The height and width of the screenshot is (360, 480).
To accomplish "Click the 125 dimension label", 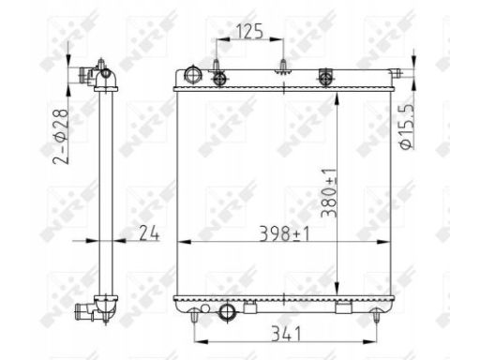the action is tap(249, 32).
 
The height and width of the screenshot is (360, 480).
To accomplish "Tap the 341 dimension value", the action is tap(286, 334).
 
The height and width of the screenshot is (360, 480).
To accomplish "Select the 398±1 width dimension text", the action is tap(284, 233).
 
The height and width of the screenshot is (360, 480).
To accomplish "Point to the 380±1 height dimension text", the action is tap(329, 193).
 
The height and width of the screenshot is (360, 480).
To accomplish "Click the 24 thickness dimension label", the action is tap(149, 232).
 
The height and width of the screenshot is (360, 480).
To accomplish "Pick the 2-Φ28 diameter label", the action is tap(61, 137).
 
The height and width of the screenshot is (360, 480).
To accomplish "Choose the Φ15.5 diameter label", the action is tap(407, 126).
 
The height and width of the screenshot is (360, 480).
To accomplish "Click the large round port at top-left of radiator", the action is tap(193, 74).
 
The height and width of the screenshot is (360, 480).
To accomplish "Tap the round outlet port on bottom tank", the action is tap(227, 311).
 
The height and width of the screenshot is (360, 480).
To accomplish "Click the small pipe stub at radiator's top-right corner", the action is tap(396, 73).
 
